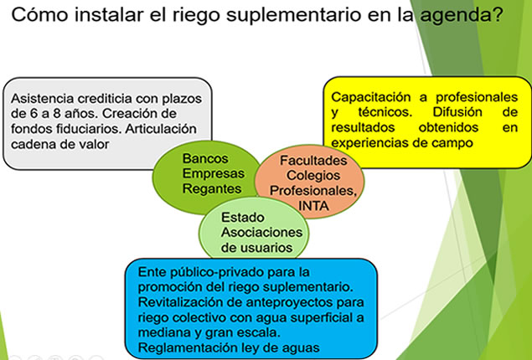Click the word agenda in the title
(x=457, y=16)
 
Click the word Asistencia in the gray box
(x=43, y=99)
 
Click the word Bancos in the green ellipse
(x=205, y=158)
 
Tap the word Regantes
(x=212, y=188)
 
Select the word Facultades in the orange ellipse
(x=313, y=161)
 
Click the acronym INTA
(x=313, y=206)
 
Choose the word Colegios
(x=313, y=176)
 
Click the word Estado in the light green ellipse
(x=243, y=218)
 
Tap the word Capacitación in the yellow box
(x=371, y=97)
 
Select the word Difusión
(x=457, y=112)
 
